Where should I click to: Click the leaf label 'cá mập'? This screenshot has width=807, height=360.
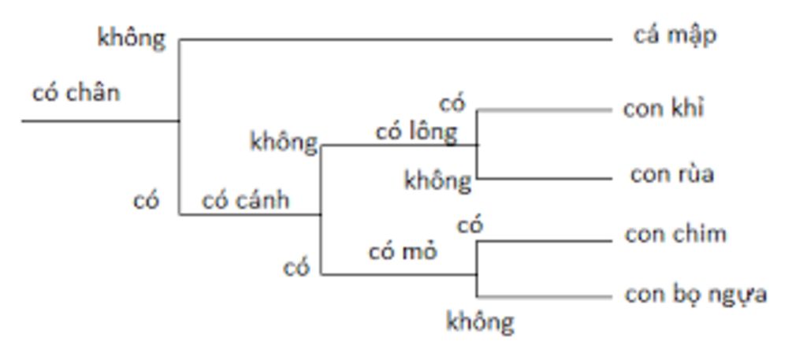[675, 36]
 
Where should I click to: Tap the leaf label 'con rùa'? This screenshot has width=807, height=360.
[671, 174]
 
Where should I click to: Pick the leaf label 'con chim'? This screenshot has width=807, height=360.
[675, 234]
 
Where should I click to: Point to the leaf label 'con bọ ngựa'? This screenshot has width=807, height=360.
[696, 295]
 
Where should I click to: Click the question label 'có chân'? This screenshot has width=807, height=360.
[76, 93]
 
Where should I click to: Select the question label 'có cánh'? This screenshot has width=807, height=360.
[245, 200]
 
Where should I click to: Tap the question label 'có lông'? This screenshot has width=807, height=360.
[415, 132]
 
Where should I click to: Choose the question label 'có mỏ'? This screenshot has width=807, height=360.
[403, 252]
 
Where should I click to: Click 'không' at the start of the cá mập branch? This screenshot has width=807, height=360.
[132, 38]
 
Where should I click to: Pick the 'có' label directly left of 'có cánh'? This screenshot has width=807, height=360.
[146, 201]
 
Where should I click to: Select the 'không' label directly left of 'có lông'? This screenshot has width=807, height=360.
[284, 142]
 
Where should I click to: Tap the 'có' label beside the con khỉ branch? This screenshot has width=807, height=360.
[452, 103]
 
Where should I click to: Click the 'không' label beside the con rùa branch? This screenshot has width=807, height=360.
[437, 180]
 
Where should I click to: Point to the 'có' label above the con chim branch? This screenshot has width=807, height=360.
[470, 226]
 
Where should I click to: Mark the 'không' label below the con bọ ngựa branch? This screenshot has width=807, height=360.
[480, 321]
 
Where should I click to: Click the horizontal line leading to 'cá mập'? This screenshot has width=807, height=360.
[394, 39]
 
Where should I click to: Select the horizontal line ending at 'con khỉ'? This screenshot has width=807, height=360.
[544, 110]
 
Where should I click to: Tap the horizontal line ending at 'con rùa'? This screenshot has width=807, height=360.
[544, 179]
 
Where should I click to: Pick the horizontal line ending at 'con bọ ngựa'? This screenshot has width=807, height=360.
[544, 297]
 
